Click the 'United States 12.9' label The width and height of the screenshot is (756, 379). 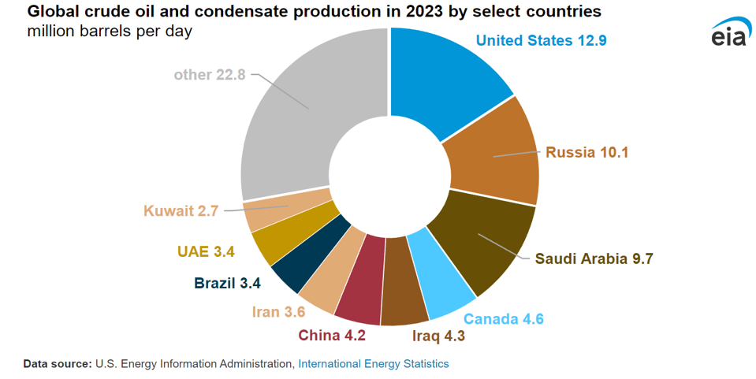[541, 40]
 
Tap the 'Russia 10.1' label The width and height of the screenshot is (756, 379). [587, 152]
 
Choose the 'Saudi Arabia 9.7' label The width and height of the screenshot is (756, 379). [594, 258]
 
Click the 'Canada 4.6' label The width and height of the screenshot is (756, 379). [503, 319]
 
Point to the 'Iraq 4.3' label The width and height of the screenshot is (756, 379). [439, 336]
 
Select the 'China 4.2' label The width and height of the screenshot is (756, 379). [332, 336]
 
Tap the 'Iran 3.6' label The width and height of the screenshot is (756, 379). [278, 312]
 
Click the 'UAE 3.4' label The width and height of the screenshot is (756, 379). [206, 253]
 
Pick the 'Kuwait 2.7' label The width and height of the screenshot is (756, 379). [181, 210]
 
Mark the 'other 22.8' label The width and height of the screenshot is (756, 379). [210, 75]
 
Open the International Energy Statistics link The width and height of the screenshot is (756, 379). [374, 364]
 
